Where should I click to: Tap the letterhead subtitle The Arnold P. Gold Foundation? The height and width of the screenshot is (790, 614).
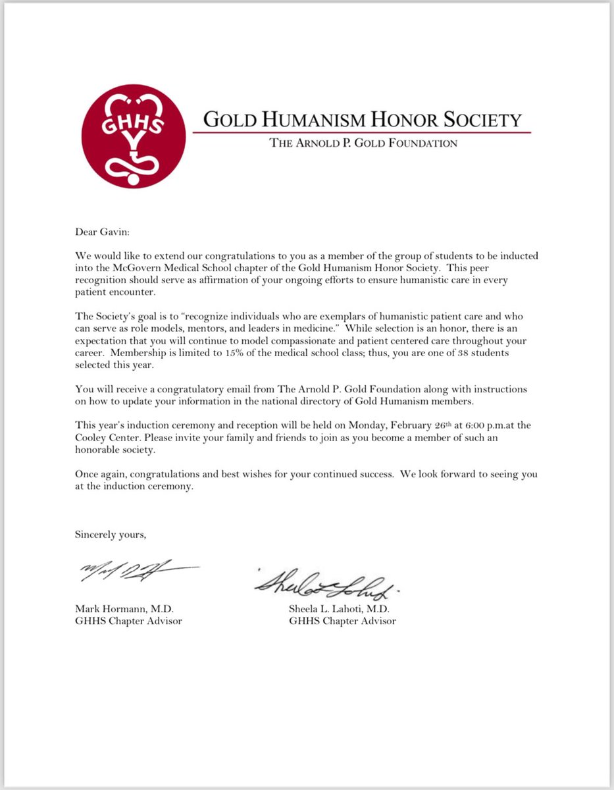pyautogui.click(x=363, y=143)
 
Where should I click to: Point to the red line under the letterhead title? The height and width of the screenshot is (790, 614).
pyautogui.click(x=361, y=132)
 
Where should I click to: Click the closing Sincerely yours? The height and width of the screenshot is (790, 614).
pyautogui.click(x=111, y=535)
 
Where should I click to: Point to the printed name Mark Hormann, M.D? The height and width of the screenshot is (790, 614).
pyautogui.click(x=124, y=609)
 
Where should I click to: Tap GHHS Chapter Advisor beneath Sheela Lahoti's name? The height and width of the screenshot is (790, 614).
pyautogui.click(x=342, y=621)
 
